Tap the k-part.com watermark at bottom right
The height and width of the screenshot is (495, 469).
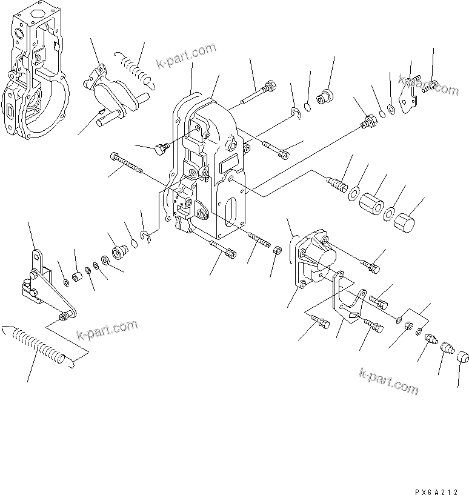click(x=388, y=380)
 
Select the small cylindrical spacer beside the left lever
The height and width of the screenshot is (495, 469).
click(x=78, y=277)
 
